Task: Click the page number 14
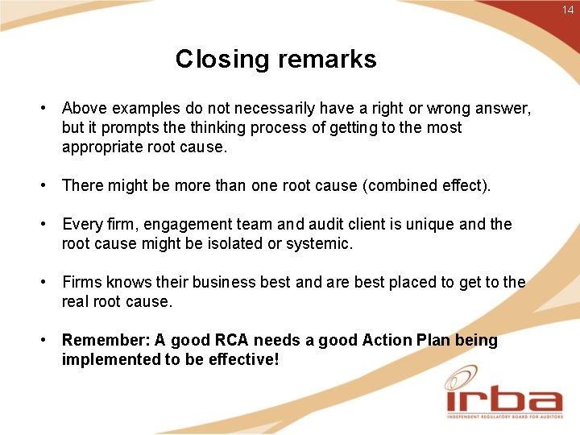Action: point(569,10)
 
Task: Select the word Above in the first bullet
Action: point(85,108)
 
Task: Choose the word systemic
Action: point(320,243)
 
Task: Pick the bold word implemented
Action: point(111,359)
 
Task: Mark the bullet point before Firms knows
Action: point(49,282)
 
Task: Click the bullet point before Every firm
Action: point(49,224)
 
